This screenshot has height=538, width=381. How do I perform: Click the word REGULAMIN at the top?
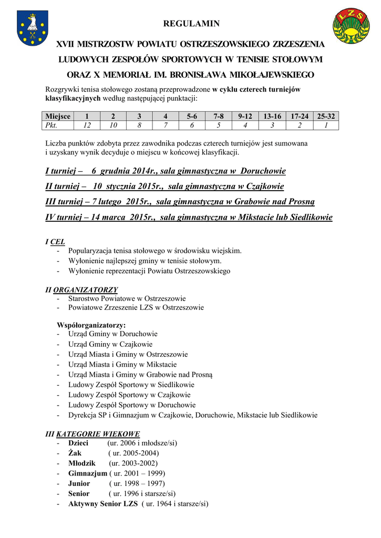(191, 24)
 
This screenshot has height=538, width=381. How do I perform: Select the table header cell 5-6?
(192, 116)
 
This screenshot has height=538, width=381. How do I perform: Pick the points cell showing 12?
(87, 125)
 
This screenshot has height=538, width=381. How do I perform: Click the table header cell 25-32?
(326, 116)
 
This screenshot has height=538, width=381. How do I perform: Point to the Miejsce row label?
(58, 116)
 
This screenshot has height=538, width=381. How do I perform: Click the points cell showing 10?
(113, 125)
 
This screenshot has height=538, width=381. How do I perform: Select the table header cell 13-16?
(272, 116)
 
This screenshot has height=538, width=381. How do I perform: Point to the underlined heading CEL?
(58, 242)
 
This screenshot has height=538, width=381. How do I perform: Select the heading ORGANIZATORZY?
(86, 289)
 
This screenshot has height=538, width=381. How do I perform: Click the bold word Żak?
(75, 453)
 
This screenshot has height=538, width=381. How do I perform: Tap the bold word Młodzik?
(82, 463)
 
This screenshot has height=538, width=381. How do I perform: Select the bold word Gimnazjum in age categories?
(87, 473)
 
